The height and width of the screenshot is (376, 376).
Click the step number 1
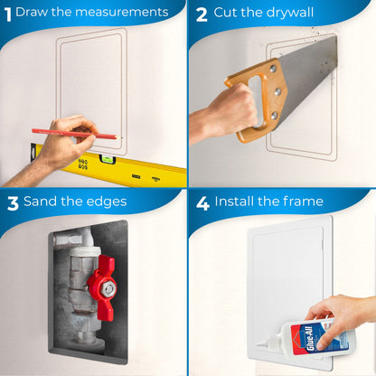point(7,13)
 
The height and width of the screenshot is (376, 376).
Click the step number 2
point(202,14)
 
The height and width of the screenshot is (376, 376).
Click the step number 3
point(13,202)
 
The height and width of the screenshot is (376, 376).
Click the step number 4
point(202,202)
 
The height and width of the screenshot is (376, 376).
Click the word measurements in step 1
point(117,13)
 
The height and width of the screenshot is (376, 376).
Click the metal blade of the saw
point(312,68)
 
